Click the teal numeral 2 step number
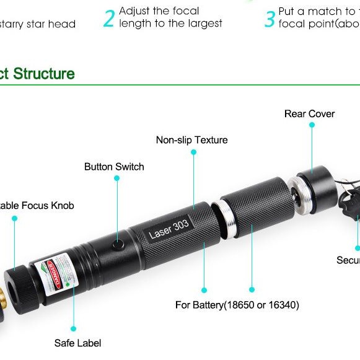coord(109,18)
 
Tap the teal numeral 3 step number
coord(270,18)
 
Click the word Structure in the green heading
coord(43,74)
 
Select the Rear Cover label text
coord(309,114)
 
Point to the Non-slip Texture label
coord(191,140)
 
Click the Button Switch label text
coord(114,167)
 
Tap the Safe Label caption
coord(77,343)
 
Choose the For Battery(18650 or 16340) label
coord(229,305)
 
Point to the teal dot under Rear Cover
coord(312,125)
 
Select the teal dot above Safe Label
coord(73,328)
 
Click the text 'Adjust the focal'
coord(159,11)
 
